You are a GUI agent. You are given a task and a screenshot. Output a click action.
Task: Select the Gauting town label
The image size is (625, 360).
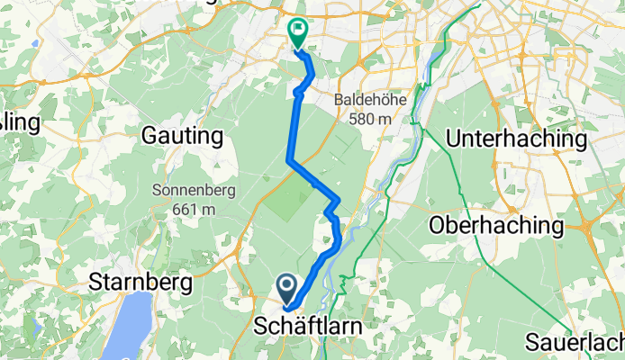[x=182, y=136]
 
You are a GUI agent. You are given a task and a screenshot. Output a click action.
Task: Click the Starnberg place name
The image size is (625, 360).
[x=141, y=283]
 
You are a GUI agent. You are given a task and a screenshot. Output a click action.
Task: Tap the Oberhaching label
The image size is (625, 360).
[x=497, y=224]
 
